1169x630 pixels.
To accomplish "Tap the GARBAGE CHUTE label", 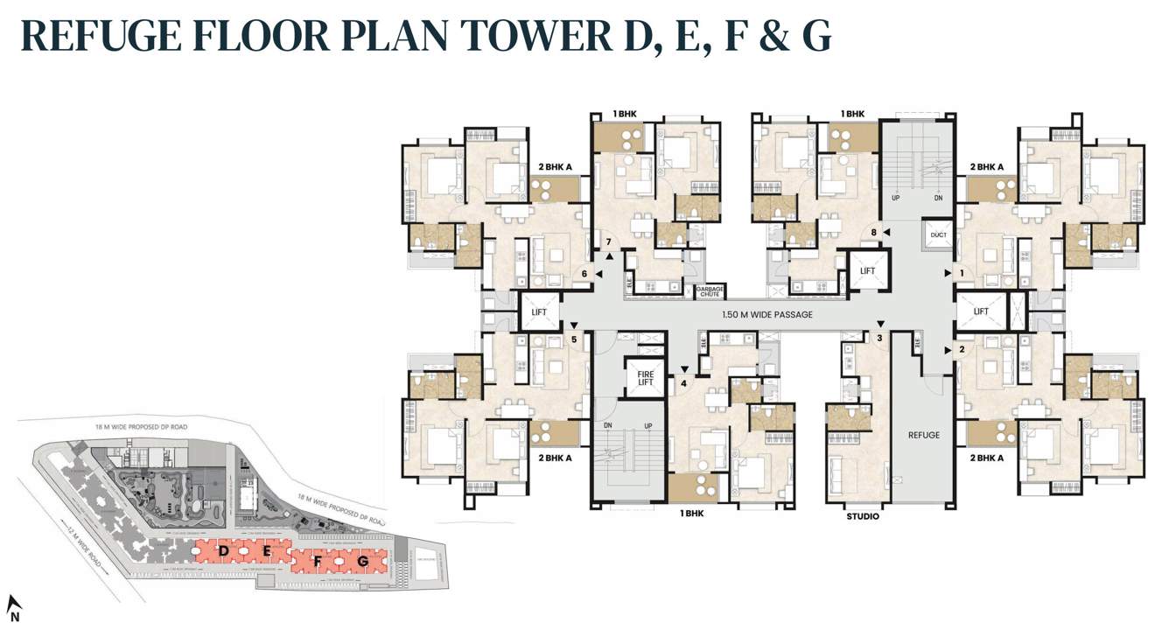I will (709, 292).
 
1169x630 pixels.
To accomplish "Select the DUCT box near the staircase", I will (939, 235).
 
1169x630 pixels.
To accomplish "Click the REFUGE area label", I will (923, 435).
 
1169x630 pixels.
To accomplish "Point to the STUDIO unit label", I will (862, 516).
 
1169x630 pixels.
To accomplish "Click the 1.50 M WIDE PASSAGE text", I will (766, 314).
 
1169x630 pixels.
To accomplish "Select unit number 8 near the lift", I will (873, 232).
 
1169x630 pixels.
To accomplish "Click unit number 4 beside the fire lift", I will (683, 381).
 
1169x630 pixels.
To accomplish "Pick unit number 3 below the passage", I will (879, 337).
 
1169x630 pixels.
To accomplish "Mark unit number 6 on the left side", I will (584, 274).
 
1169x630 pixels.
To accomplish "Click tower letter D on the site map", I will (224, 550).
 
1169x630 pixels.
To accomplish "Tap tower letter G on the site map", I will (362, 560).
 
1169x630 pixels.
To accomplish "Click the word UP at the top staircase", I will (895, 198).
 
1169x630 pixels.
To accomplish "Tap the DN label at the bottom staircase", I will (607, 425).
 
